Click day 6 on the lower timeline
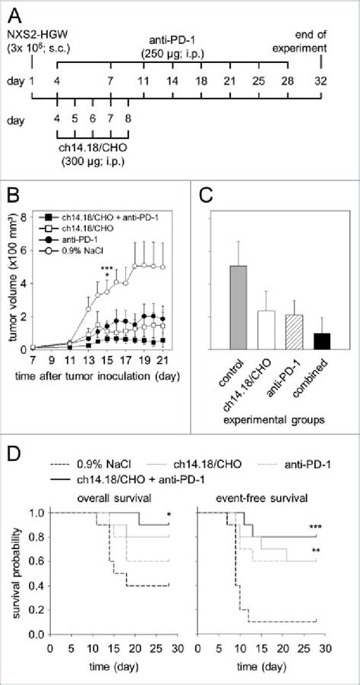pos(93,118)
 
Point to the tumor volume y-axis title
pos(13,283)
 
